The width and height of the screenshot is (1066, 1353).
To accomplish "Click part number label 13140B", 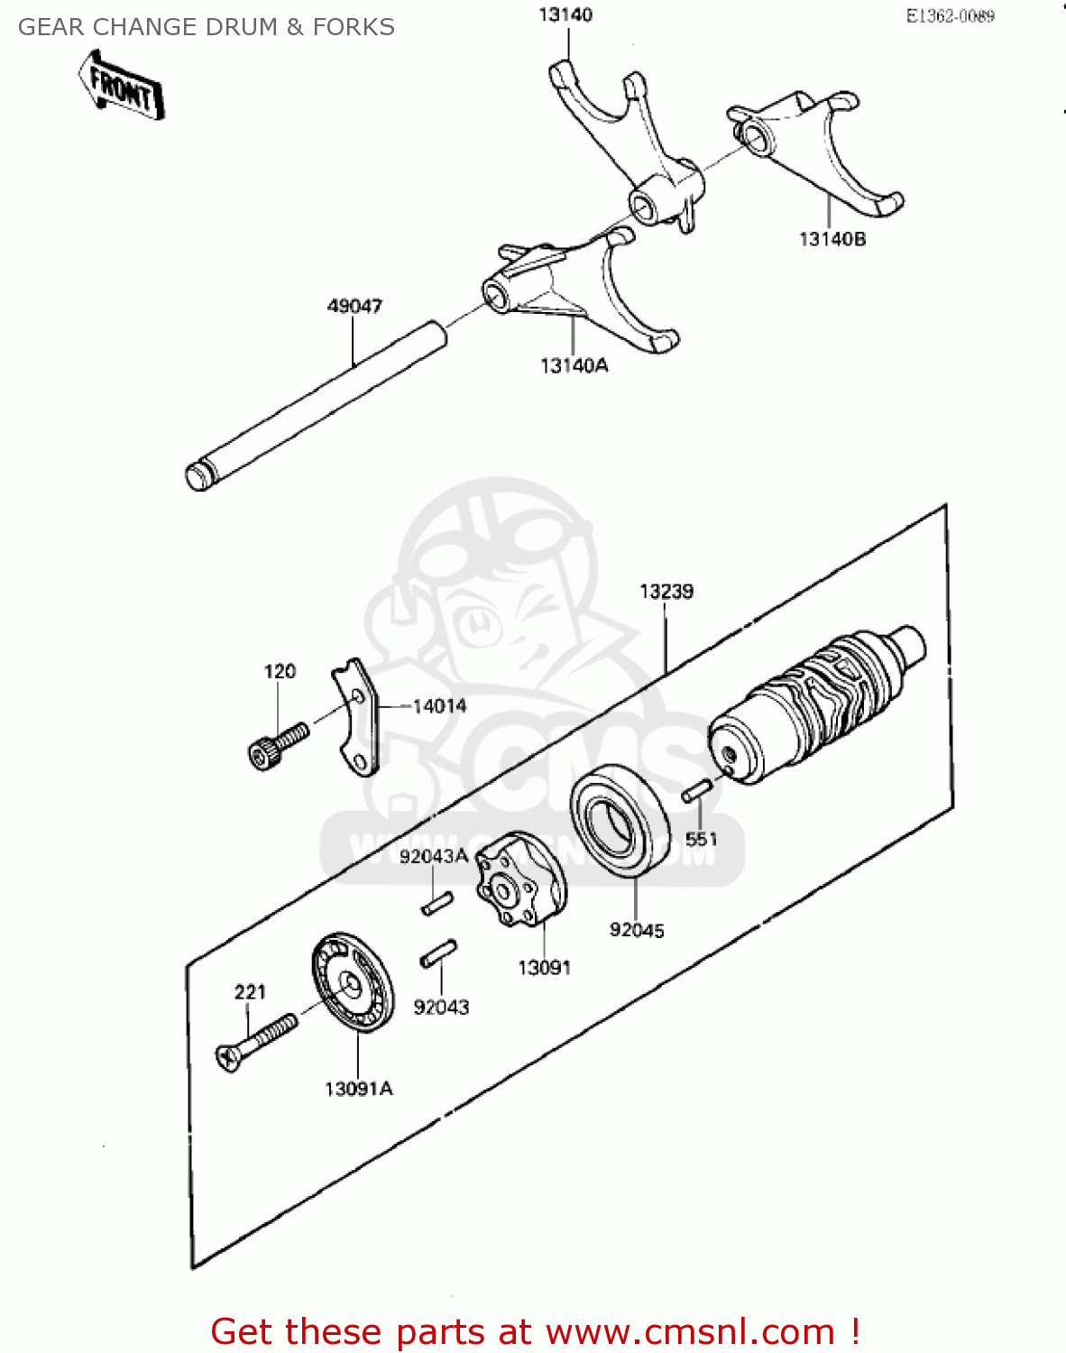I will pyautogui.click(x=832, y=239).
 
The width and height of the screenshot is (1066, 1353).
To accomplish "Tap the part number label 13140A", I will pyautogui.click(x=574, y=365).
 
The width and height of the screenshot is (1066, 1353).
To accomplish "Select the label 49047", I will pyautogui.click(x=354, y=307).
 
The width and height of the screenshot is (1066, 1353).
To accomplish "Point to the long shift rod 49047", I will pyautogui.click(x=316, y=402).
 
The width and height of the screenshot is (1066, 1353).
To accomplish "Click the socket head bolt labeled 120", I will pyautogui.click(x=277, y=745).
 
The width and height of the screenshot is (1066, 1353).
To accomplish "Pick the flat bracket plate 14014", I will pyautogui.click(x=355, y=717).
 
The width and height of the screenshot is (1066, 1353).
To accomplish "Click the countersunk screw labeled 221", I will pyautogui.click(x=257, y=1042).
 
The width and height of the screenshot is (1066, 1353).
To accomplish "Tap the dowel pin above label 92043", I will pyautogui.click(x=439, y=953).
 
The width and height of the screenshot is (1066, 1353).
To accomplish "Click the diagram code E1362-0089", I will pyautogui.click(x=950, y=16).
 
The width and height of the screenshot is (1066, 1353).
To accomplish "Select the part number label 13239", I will pyautogui.click(x=666, y=592).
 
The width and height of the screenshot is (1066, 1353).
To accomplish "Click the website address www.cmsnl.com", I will pyautogui.click(x=690, y=1331).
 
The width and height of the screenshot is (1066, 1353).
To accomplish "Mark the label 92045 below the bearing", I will pyautogui.click(x=637, y=930).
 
